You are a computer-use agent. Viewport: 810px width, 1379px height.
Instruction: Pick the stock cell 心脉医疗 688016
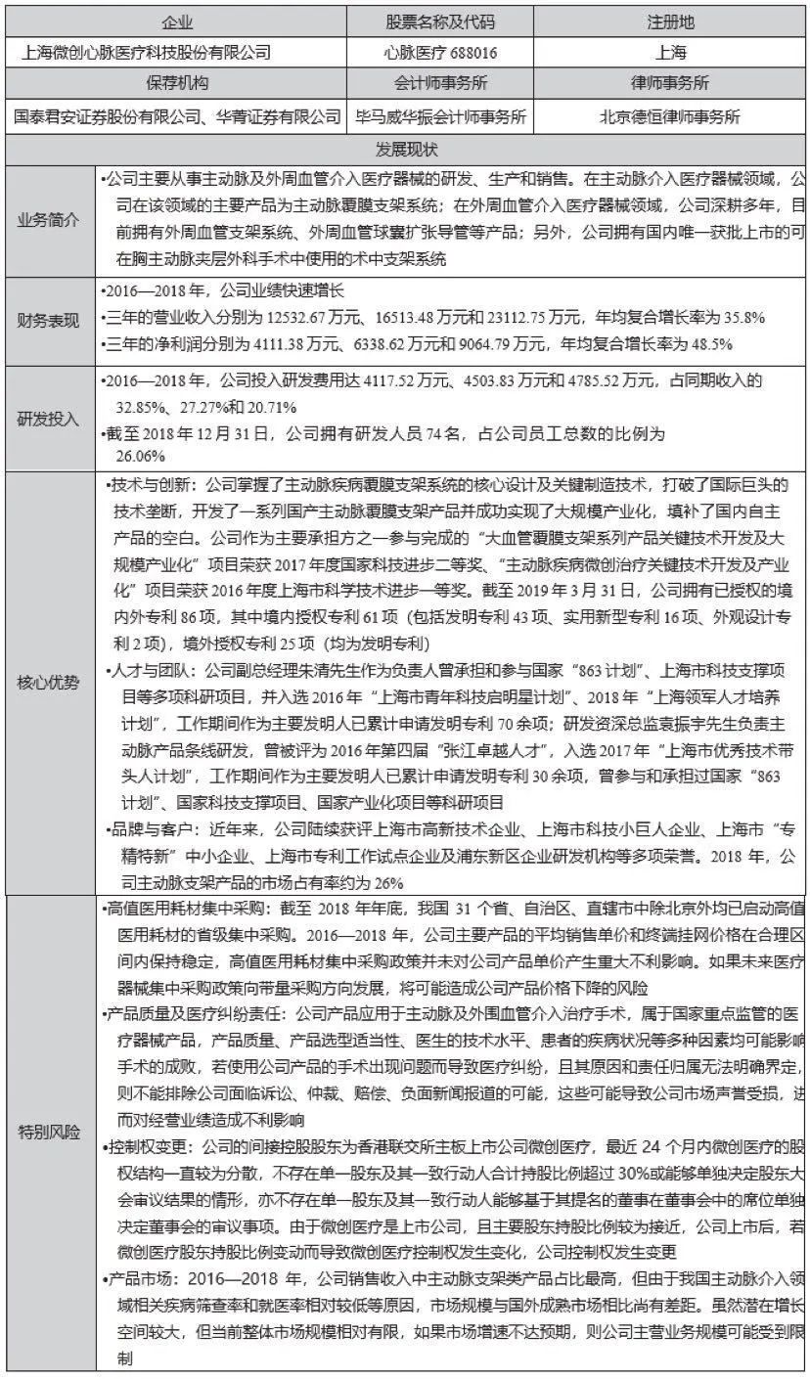tap(440, 52)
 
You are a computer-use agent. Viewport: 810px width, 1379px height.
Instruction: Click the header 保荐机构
tap(177, 83)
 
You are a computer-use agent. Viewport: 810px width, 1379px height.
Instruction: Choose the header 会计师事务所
tap(440, 83)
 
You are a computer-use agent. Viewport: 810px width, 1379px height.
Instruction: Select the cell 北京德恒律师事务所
tap(671, 117)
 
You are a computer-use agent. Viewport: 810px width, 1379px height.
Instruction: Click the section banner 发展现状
tap(405, 150)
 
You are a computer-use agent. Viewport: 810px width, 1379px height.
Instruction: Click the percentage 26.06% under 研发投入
tap(141, 456)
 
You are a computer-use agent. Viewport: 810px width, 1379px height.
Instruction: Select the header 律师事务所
tap(671, 83)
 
